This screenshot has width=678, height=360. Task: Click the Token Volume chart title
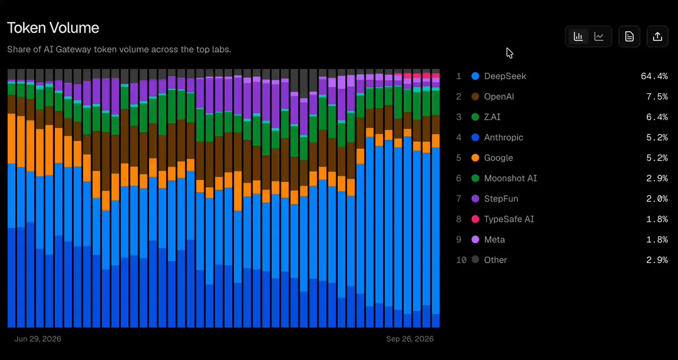(53, 28)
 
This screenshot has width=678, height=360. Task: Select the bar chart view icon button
(578, 37)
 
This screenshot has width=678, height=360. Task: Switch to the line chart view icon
(599, 37)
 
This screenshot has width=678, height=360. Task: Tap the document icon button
(629, 37)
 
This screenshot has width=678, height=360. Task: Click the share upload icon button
(658, 37)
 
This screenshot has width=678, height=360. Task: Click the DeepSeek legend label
(505, 76)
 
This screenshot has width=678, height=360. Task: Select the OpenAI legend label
(499, 97)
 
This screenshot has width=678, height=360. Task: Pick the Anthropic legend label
(503, 137)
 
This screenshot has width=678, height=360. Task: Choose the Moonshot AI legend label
(510, 179)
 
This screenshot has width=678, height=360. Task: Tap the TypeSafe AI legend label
(509, 219)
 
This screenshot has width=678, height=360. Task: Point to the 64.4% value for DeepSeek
(654, 76)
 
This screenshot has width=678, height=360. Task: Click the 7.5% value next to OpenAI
(657, 97)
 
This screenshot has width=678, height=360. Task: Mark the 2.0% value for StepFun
(657, 198)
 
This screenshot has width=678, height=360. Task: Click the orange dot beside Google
(475, 158)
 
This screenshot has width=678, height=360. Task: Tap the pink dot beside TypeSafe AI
(475, 219)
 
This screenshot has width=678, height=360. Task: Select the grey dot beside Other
(475, 259)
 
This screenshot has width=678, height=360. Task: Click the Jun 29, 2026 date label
(38, 339)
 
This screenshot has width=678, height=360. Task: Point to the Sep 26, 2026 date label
(410, 339)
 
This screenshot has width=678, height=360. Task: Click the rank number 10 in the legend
(461, 260)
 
